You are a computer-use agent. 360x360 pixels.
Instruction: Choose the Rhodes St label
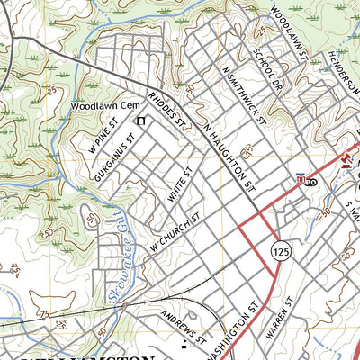[x=166, y=109]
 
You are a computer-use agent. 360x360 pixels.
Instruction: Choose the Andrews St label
[x=186, y=328]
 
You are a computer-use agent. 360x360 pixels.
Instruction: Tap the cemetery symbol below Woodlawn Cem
[x=139, y=119]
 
